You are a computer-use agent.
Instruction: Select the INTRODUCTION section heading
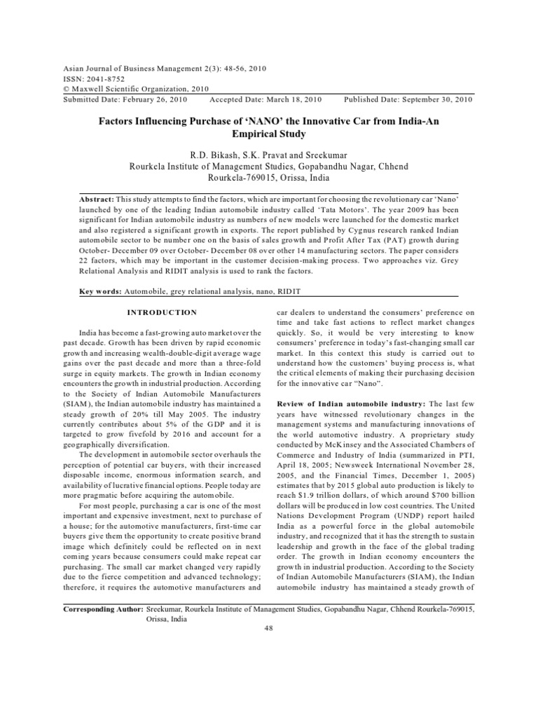point(162,312)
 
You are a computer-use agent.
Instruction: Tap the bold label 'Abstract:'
point(101,199)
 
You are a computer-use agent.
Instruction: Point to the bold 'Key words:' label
point(100,290)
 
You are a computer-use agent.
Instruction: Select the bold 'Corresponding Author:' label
point(103,610)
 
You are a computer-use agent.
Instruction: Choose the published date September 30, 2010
point(432,99)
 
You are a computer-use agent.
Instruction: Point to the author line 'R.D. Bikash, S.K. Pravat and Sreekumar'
point(268,154)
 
